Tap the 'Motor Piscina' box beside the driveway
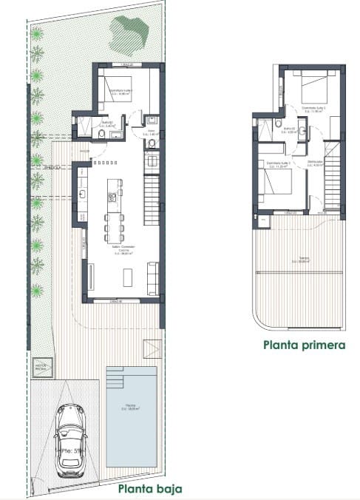click(x=41, y=366)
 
